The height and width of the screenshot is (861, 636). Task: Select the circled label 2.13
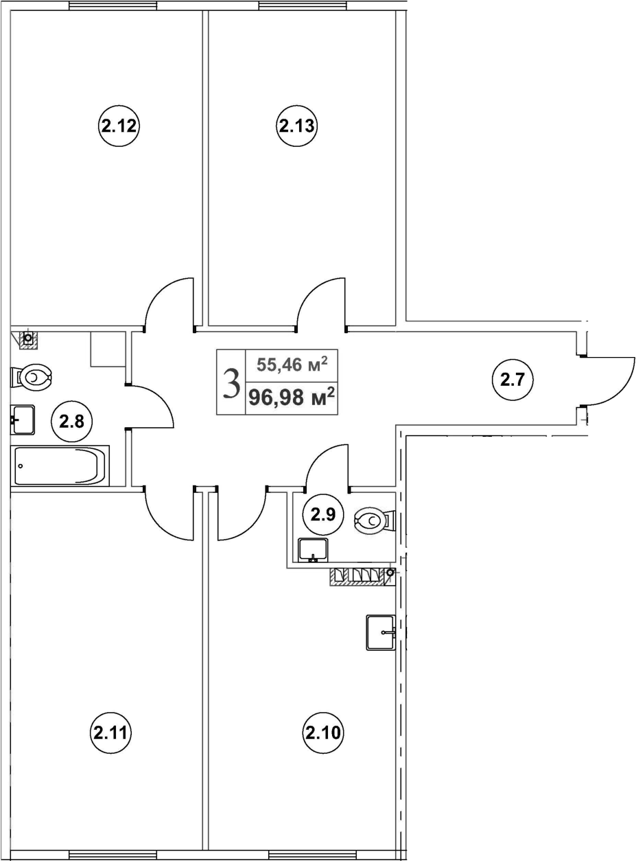(x=296, y=126)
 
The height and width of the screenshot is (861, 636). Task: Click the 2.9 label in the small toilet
(x=322, y=514)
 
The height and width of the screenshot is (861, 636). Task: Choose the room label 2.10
(x=322, y=733)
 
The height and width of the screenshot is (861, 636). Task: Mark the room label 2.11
(x=110, y=733)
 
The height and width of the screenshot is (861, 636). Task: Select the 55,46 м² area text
(x=292, y=363)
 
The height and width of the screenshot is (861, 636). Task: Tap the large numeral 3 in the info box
(x=232, y=382)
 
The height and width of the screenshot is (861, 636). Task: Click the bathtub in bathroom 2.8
(x=60, y=466)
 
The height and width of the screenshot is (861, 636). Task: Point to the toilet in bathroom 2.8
(x=32, y=377)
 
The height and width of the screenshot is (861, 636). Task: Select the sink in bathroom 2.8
(x=23, y=420)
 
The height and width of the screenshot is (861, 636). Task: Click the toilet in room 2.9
(x=374, y=521)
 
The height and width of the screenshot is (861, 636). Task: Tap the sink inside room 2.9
(x=313, y=549)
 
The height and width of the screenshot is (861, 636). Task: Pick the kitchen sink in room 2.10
(x=381, y=632)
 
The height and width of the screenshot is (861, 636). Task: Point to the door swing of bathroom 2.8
(x=152, y=408)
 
